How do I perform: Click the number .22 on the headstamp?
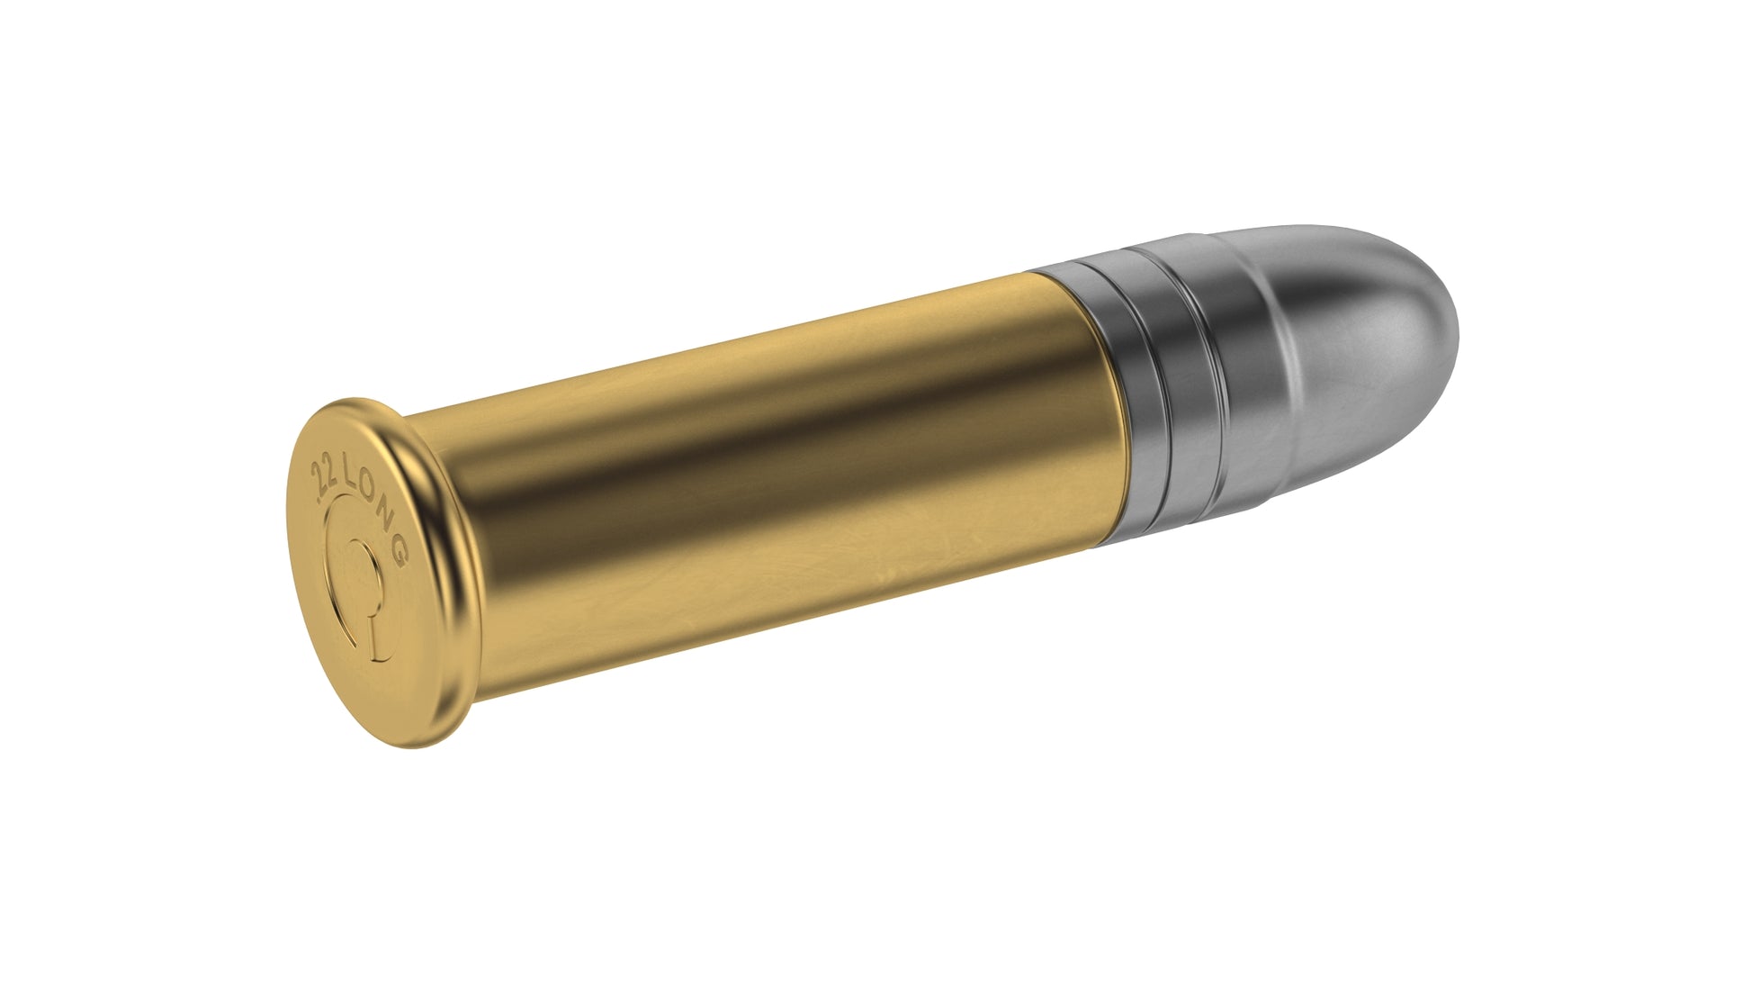320,479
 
